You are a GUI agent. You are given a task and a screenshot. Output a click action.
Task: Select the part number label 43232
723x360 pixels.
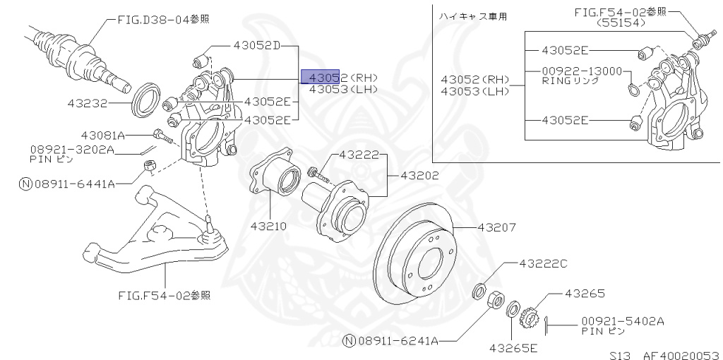point(87,103)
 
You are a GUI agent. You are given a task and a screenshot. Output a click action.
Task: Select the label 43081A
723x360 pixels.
point(102,135)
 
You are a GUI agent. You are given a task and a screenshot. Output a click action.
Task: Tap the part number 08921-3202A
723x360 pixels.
point(71,150)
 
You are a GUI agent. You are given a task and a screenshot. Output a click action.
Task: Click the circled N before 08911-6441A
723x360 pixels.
point(25,184)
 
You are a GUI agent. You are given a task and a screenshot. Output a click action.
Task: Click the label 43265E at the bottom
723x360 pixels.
point(513,347)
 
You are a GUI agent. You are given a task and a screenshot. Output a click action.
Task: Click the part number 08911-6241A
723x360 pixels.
point(398,341)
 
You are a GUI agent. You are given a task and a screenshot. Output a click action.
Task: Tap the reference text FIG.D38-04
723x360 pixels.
point(154,20)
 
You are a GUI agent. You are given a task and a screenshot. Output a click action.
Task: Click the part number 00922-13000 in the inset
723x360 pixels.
point(582,71)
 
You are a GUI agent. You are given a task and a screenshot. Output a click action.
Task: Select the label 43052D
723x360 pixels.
point(256,46)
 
